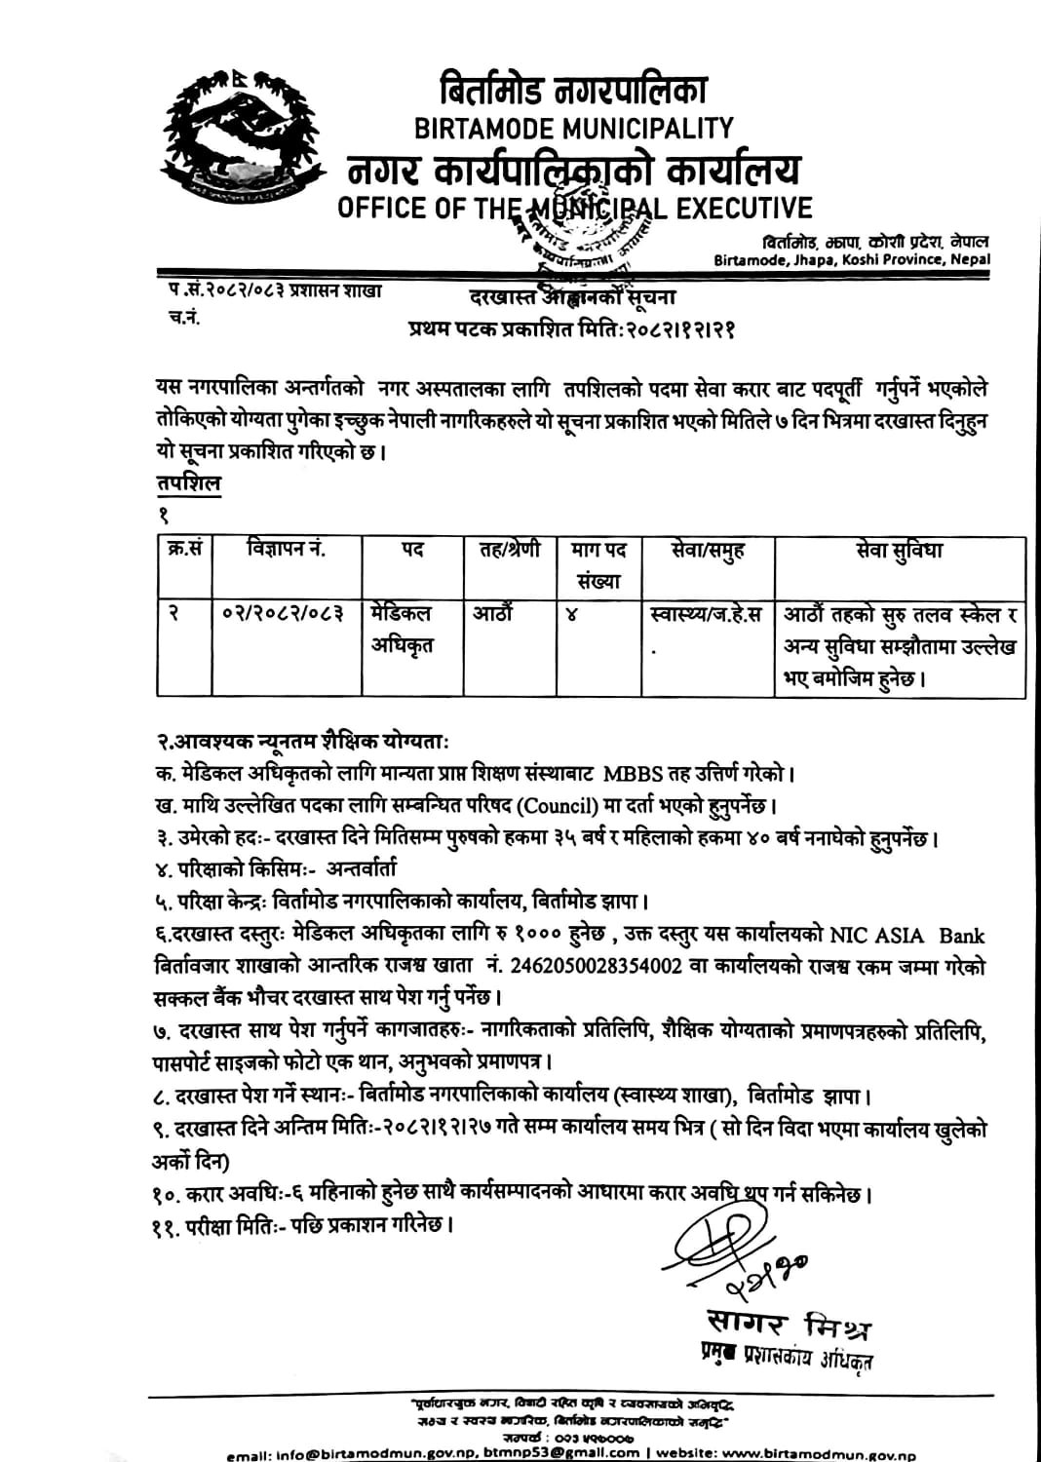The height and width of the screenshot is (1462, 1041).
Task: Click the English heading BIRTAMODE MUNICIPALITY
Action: (x=573, y=128)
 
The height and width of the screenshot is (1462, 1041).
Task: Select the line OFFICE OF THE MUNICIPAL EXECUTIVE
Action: (x=574, y=208)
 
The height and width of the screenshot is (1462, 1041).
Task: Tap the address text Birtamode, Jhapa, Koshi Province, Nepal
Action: (x=851, y=260)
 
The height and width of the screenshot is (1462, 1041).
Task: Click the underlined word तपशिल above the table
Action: (x=188, y=483)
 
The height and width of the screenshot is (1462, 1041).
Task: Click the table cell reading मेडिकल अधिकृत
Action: (x=402, y=629)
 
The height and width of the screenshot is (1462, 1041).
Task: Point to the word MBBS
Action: (x=636, y=775)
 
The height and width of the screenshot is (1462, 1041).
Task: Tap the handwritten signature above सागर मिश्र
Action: (x=741, y=1257)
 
